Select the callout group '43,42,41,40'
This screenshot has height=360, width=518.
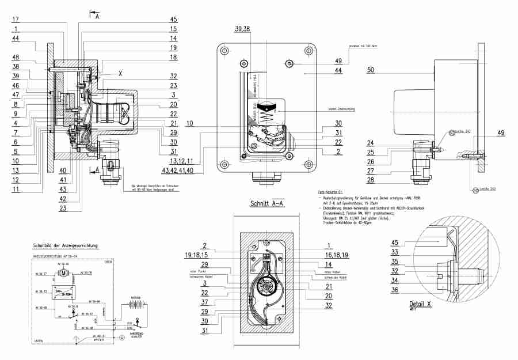[x=178, y=171]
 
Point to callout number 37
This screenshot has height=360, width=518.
[x=204, y=302]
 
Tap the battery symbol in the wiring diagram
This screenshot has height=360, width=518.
[x=136, y=305]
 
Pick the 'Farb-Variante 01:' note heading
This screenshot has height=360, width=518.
[x=330, y=191]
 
